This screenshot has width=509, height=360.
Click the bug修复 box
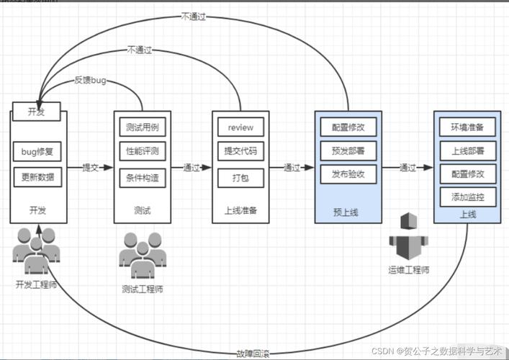coord(37,152)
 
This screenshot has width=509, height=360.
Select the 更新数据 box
coord(37,176)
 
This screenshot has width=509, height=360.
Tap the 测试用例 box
coord(141,127)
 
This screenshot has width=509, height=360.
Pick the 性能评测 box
coord(141,151)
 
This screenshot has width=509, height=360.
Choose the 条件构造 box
coord(141,176)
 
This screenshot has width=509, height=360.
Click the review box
coord(240,127)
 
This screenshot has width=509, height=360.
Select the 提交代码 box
coord(240,151)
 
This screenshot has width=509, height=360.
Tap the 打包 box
coord(240,176)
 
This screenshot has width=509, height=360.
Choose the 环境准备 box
coord(467,127)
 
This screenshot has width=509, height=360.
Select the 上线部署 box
coord(467,151)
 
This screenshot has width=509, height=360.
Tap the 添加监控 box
coord(467,197)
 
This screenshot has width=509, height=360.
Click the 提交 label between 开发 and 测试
coord(90,168)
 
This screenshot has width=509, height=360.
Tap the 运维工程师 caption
coord(408,270)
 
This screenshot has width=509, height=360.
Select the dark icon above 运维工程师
coord(408,235)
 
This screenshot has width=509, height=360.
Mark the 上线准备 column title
coord(240,210)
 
